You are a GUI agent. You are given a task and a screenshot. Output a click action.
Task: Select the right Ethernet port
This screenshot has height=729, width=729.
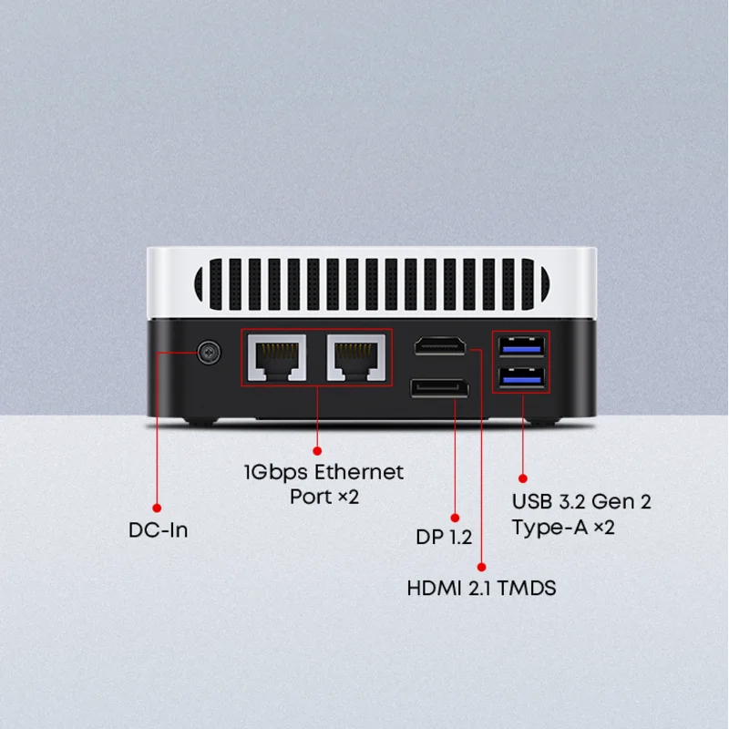click(356, 357)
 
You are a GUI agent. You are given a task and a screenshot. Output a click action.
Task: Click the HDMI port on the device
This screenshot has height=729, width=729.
click(441, 347)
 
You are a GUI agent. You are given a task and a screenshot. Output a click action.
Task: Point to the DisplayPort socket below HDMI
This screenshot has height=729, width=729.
click(439, 389)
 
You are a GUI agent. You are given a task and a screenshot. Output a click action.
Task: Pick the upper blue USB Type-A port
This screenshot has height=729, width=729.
click(521, 346)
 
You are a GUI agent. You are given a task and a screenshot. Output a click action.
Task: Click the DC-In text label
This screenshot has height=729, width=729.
click(159, 529)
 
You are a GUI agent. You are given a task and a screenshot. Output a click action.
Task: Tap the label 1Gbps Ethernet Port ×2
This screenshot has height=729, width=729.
click(323, 484)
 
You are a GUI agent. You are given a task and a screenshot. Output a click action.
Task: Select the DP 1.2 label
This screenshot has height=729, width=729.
click(444, 538)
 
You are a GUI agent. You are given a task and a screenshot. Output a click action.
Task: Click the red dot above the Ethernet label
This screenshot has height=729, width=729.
click(317, 449)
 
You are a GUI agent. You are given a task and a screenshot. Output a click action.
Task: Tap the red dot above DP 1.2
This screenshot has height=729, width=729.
click(455, 516)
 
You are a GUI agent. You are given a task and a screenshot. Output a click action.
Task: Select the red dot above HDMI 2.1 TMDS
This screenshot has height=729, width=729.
click(482, 563)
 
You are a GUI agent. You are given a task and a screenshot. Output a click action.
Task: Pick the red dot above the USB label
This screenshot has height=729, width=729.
click(523, 477)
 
